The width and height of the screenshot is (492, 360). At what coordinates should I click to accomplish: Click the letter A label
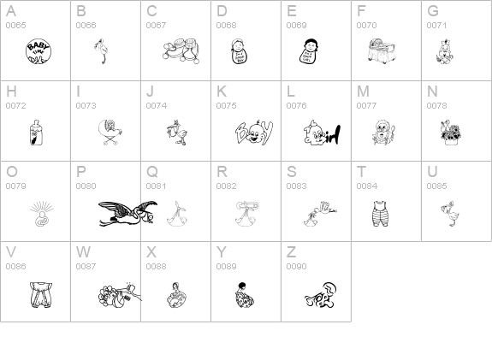click(x=10, y=11)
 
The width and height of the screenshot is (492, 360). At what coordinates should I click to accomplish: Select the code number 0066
click(x=86, y=26)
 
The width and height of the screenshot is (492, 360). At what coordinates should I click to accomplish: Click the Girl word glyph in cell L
click(x=321, y=133)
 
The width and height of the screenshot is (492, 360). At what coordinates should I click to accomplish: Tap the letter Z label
click(x=291, y=252)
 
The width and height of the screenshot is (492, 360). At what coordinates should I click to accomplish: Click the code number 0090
click(x=296, y=267)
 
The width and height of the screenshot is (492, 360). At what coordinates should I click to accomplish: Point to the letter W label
click(x=83, y=252)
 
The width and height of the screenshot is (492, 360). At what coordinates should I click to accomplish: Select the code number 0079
click(x=15, y=186)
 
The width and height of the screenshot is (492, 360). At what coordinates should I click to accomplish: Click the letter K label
click(x=221, y=91)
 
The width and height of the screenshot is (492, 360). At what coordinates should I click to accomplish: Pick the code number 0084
click(x=366, y=186)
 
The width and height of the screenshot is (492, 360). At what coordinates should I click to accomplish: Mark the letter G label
click(x=432, y=11)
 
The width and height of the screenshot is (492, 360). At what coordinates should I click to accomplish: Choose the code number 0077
click(x=366, y=106)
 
